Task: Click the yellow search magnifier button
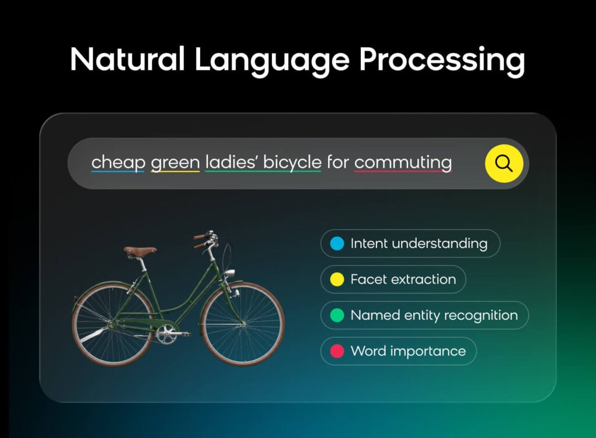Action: click(504, 164)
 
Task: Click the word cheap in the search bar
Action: click(118, 162)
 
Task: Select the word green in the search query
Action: click(175, 162)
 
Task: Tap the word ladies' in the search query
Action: click(231, 161)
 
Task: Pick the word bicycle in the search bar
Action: click(292, 162)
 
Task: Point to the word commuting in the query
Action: click(403, 163)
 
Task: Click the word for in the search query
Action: click(338, 162)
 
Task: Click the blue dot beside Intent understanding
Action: click(336, 243)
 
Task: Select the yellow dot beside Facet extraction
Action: click(336, 280)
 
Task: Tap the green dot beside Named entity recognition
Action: click(336, 316)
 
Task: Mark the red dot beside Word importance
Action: click(336, 351)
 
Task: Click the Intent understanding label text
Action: click(418, 243)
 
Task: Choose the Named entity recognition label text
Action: click(434, 316)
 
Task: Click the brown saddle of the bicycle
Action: click(140, 251)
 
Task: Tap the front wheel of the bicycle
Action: click(243, 324)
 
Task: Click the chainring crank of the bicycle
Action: click(167, 334)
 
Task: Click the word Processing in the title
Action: click(442, 60)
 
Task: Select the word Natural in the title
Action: click(127, 60)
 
